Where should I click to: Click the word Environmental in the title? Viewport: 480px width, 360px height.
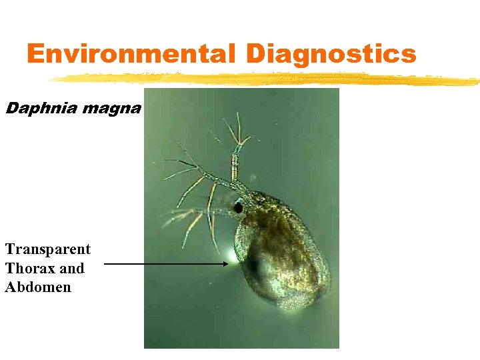[x=130, y=53]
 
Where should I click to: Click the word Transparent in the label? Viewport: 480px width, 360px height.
[x=48, y=249]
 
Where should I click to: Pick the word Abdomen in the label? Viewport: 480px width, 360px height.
[x=38, y=288]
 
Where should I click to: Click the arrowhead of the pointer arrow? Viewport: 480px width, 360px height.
[x=225, y=264]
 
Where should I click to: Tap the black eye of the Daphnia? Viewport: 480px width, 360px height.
[x=238, y=208]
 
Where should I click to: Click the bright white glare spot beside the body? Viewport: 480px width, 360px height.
[x=233, y=255]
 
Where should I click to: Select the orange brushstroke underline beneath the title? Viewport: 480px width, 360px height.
[x=267, y=79]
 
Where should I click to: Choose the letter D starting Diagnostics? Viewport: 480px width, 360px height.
[x=257, y=53]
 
